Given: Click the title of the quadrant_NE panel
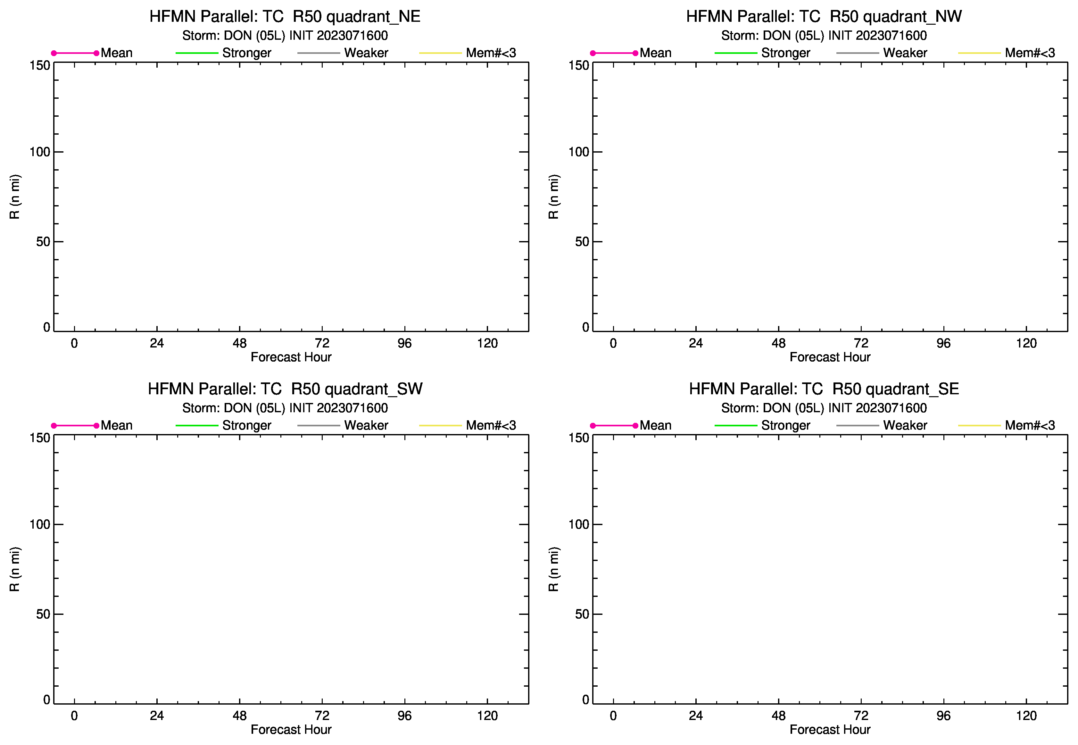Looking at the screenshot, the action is pos(285,17).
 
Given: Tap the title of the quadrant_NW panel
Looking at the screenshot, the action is pos(824,17).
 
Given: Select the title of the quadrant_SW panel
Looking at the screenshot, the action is pos(285,389).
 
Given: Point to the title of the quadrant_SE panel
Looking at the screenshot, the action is pos(824,389).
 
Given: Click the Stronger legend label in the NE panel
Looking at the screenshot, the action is pos(246,53).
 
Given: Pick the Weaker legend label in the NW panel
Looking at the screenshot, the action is pos(905,53).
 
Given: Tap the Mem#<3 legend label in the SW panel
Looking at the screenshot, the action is pos(491,425).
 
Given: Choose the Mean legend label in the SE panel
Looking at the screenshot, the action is pos(655,425).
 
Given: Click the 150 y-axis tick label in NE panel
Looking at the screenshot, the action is pos(40,65).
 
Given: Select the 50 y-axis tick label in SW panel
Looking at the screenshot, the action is pos(43,614).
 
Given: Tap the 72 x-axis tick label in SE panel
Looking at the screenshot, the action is pos(861,716).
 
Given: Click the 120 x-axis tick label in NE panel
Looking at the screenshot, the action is pos(487,344).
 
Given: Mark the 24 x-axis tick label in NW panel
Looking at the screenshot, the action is pos(696,344).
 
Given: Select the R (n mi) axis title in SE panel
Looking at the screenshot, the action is pos(553,569).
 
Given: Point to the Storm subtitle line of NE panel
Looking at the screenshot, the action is pos(285,36).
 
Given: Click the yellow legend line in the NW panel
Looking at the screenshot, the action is pos(980,53).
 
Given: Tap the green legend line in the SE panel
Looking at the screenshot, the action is pos(736,426).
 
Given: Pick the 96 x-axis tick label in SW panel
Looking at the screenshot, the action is pos(405,716).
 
